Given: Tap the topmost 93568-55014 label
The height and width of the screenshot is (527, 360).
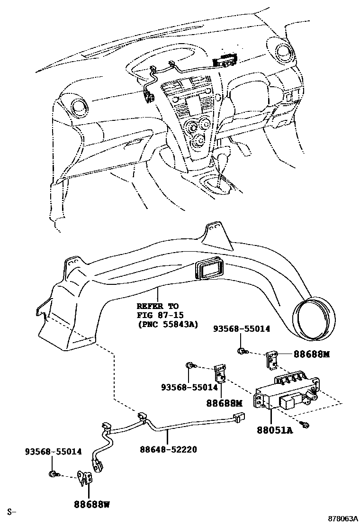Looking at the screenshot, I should click(x=242, y=328).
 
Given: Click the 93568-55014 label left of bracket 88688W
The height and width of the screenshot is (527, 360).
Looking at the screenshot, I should click(x=53, y=452).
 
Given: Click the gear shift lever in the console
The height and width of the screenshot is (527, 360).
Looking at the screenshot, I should click(x=220, y=182).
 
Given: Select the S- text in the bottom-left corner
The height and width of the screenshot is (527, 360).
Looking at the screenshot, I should click(x=11, y=512).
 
